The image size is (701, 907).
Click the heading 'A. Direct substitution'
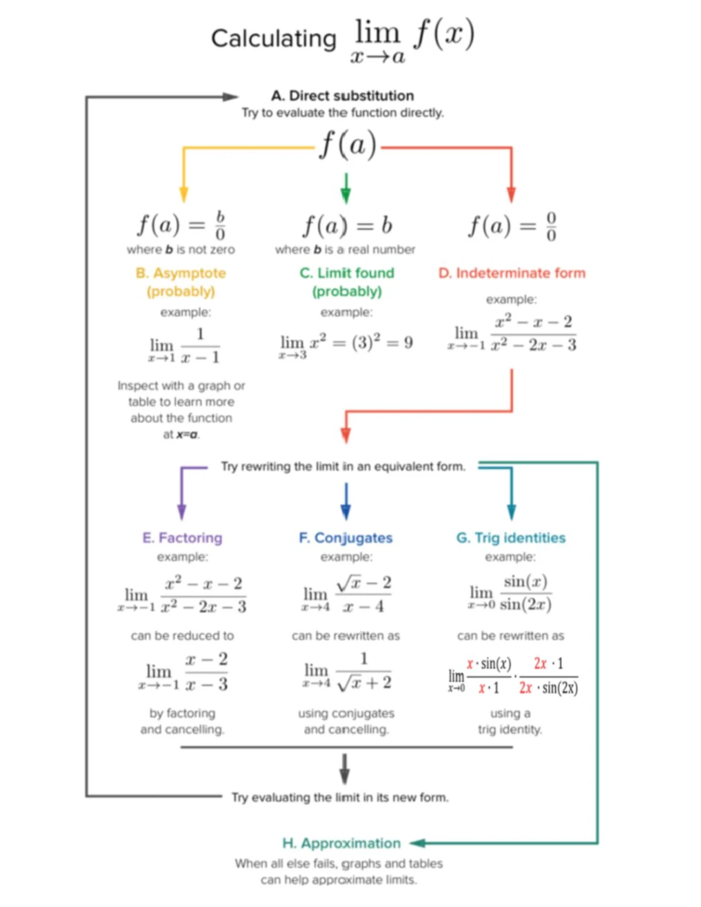click(x=342, y=96)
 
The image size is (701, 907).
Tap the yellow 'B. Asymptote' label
click(x=181, y=273)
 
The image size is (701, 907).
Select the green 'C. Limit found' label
click(x=347, y=273)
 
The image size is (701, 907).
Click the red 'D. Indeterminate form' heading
click(x=512, y=273)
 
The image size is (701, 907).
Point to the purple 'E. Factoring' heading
click(x=182, y=538)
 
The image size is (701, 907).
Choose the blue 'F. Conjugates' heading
click(x=346, y=538)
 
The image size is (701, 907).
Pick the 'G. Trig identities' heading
click(x=511, y=538)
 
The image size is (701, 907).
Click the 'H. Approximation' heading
click(x=342, y=843)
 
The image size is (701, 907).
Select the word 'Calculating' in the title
click(x=274, y=39)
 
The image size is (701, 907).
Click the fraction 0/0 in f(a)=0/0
click(x=551, y=227)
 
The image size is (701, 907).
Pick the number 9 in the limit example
click(x=408, y=342)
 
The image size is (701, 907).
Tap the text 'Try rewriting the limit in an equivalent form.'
click(x=343, y=467)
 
